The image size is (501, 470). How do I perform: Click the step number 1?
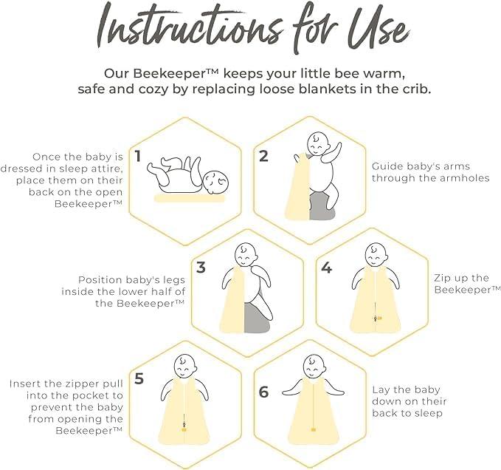pyautogui.click(x=138, y=156)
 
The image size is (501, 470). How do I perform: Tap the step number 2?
pyautogui.click(x=263, y=156)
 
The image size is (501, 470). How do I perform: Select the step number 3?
pyautogui.click(x=201, y=268)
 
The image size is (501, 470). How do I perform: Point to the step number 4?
pyautogui.click(x=327, y=268)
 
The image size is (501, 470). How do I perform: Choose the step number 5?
pyautogui.click(x=139, y=378)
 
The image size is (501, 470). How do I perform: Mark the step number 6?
pyautogui.click(x=263, y=392)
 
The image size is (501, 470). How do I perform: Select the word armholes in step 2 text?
pyautogui.click(x=465, y=177)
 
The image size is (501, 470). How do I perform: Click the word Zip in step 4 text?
pyautogui.click(x=441, y=278)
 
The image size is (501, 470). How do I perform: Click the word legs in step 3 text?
pyautogui.click(x=174, y=280)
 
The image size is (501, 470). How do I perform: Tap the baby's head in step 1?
pyautogui.click(x=215, y=182)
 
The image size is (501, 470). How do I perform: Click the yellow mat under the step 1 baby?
pyautogui.click(x=190, y=198)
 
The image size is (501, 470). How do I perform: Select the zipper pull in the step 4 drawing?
pyautogui.click(x=377, y=319)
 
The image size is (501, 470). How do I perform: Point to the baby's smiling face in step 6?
pyautogui.click(x=314, y=367)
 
